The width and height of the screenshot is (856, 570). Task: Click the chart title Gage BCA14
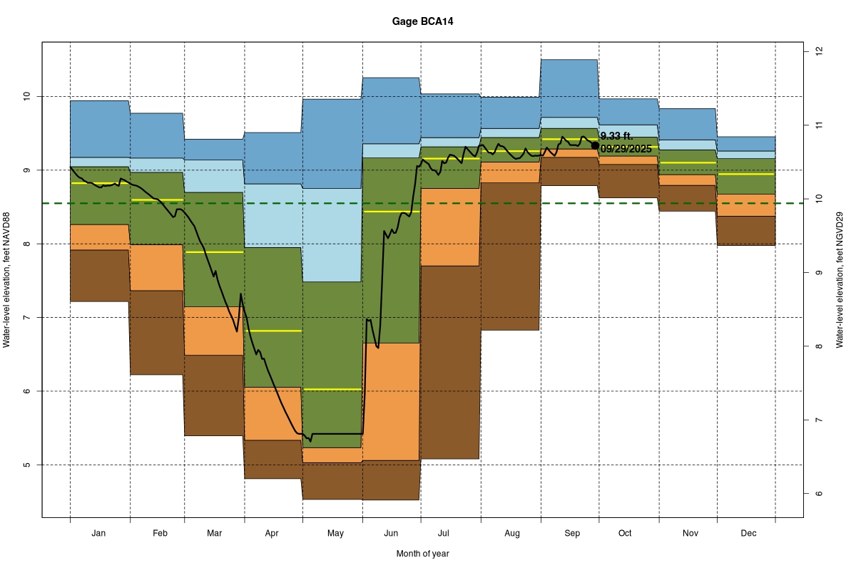[422, 21]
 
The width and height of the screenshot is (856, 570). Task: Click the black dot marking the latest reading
[595, 145]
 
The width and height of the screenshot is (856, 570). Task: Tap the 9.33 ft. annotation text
[616, 136]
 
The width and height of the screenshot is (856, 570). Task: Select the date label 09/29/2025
[626, 149]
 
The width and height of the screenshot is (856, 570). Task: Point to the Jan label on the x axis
[99, 533]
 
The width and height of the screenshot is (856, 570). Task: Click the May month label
[335, 533]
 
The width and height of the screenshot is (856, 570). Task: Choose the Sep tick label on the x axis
[572, 533]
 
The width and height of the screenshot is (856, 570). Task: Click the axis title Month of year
[422, 554]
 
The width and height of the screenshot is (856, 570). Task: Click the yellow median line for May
[332, 389]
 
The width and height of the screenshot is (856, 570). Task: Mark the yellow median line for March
[214, 252]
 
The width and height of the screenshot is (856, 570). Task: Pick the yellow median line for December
[746, 174]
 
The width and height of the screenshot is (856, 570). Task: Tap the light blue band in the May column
[332, 235]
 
